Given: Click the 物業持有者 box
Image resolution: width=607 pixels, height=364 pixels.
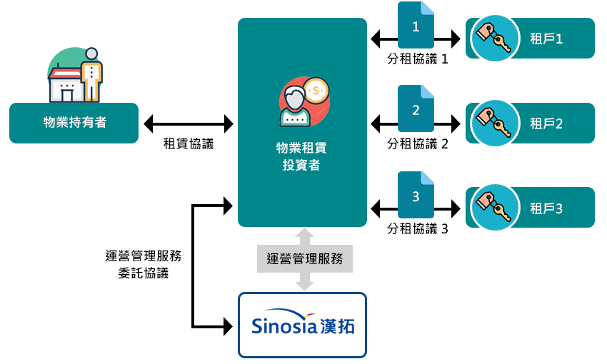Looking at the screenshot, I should [x=74, y=123].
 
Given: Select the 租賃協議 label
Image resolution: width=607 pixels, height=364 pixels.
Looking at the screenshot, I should [x=189, y=143].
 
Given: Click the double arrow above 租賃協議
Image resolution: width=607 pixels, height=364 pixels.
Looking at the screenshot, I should [x=189, y=123].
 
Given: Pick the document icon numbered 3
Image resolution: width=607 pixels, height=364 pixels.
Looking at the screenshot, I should [x=416, y=195].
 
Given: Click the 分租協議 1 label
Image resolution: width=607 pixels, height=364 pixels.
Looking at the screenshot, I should [x=417, y=59].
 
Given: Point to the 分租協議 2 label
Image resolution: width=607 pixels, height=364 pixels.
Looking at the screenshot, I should [x=417, y=143].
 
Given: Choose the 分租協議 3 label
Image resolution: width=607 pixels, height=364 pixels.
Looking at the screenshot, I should [x=417, y=229].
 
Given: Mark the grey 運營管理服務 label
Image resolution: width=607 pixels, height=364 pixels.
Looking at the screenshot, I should [x=304, y=258].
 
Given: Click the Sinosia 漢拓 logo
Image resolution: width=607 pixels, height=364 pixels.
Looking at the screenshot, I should [x=302, y=325].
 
